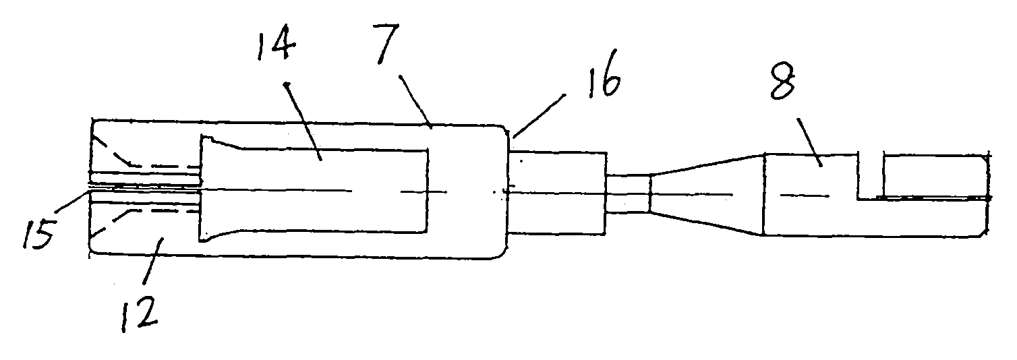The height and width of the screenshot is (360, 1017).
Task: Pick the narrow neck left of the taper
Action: pos(627,193)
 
